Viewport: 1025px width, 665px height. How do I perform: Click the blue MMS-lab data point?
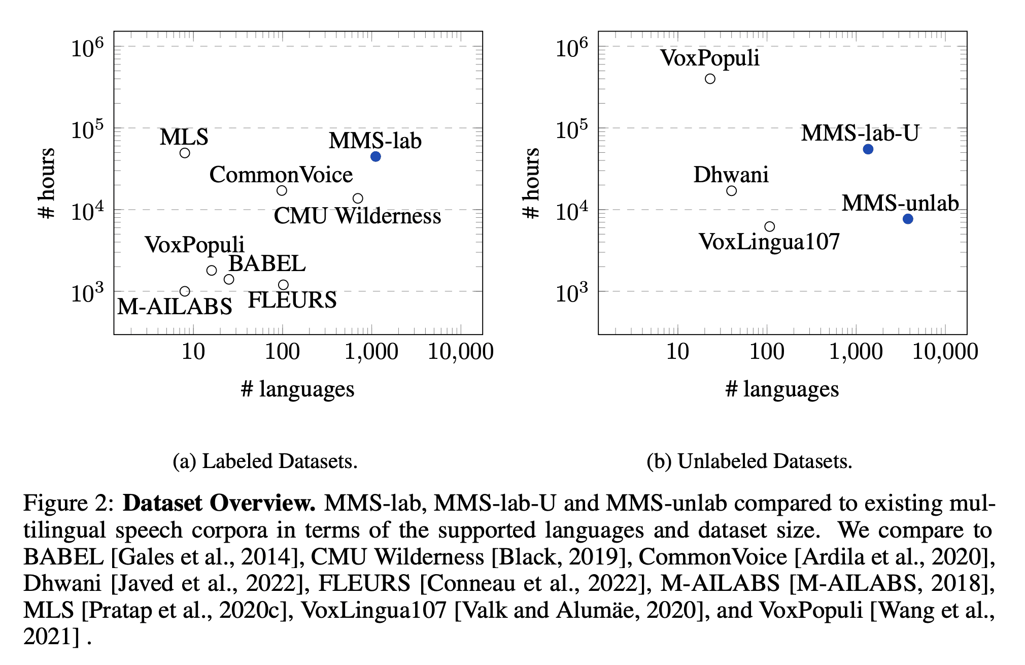(x=375, y=156)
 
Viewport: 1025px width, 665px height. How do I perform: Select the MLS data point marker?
(x=185, y=153)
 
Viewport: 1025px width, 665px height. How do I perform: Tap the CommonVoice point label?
(x=281, y=175)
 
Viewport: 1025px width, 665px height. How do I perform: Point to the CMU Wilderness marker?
(x=358, y=198)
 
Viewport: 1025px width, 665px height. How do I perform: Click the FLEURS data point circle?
(x=283, y=285)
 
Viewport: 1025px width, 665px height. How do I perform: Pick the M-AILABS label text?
(x=175, y=307)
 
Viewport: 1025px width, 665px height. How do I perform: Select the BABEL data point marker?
(x=229, y=279)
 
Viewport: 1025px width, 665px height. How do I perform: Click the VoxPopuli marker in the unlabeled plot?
(x=710, y=79)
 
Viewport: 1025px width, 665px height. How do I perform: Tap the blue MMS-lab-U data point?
(x=868, y=149)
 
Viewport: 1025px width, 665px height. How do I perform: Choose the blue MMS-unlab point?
(x=908, y=219)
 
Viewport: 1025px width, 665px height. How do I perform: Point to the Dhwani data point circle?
(x=731, y=191)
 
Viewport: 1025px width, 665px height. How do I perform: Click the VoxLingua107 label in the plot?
(x=769, y=242)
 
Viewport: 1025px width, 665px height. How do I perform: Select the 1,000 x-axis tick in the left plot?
(x=371, y=352)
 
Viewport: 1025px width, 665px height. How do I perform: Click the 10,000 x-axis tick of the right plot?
(x=945, y=352)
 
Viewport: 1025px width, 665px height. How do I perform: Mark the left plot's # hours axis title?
(x=47, y=183)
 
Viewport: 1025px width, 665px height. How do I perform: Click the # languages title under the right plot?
(x=782, y=389)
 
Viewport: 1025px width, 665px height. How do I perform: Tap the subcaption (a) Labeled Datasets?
(x=265, y=461)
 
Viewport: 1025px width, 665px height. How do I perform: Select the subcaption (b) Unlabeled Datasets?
(x=749, y=461)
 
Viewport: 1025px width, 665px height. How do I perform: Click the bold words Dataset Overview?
(x=219, y=503)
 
